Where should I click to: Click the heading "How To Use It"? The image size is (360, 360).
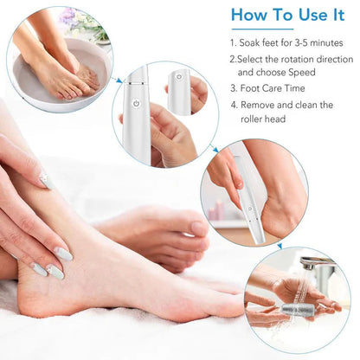click(x=289, y=16)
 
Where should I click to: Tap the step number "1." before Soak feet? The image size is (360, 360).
click(x=234, y=42)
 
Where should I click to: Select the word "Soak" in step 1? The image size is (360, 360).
click(x=254, y=42)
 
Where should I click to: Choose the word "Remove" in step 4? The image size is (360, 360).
click(x=263, y=105)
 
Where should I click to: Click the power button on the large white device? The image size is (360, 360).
click(x=135, y=103)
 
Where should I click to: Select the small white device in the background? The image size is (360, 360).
click(x=179, y=92)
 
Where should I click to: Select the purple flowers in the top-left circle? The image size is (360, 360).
click(x=69, y=16)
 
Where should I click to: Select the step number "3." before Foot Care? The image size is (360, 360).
click(x=234, y=88)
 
